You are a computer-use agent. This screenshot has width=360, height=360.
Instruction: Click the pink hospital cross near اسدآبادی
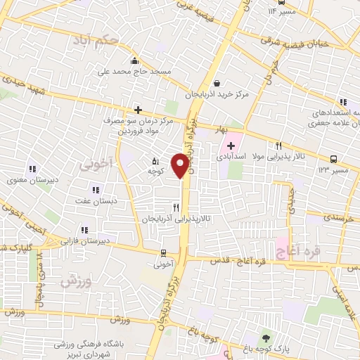click(231, 146)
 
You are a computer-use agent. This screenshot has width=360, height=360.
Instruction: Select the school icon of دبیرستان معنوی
click(32, 169)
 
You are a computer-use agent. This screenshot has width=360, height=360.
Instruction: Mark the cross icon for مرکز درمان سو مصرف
click(138, 110)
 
